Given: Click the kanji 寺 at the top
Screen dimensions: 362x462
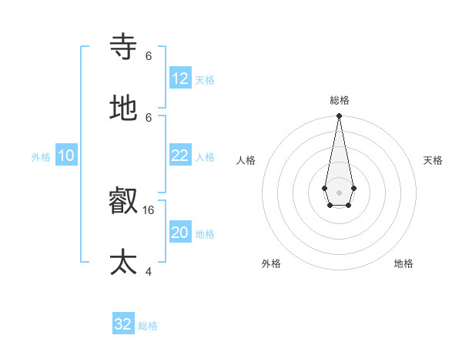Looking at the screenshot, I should (x=124, y=47).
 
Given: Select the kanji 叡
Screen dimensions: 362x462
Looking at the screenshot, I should (x=124, y=202).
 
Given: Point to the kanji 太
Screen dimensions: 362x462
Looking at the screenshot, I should (x=124, y=262).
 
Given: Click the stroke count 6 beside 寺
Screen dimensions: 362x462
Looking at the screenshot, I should (x=149, y=56).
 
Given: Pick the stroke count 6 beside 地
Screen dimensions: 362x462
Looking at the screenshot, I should (x=149, y=118).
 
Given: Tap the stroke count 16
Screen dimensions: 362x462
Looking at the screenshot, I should (x=149, y=209).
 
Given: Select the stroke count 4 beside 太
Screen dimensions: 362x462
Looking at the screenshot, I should (x=149, y=271).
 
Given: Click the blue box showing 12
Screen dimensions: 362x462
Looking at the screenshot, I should (x=180, y=79).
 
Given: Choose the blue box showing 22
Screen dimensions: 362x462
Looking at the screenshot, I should (x=180, y=156).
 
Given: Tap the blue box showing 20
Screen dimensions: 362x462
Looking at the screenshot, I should (x=180, y=233).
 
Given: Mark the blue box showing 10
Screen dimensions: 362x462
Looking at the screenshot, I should (x=66, y=156).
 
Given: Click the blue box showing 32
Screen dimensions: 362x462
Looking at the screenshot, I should (x=123, y=324).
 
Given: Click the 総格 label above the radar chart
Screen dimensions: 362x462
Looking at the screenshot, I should (x=340, y=100).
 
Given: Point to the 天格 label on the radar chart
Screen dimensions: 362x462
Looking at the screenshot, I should (x=433, y=160).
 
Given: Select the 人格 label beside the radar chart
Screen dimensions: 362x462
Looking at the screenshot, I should (x=246, y=160).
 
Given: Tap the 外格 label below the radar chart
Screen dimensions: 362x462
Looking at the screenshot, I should (x=271, y=263).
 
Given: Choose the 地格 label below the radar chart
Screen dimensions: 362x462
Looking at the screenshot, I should (x=403, y=263).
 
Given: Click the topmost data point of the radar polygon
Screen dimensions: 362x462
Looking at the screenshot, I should (x=339, y=116).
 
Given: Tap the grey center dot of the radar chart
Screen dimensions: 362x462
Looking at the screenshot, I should (x=339, y=191).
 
